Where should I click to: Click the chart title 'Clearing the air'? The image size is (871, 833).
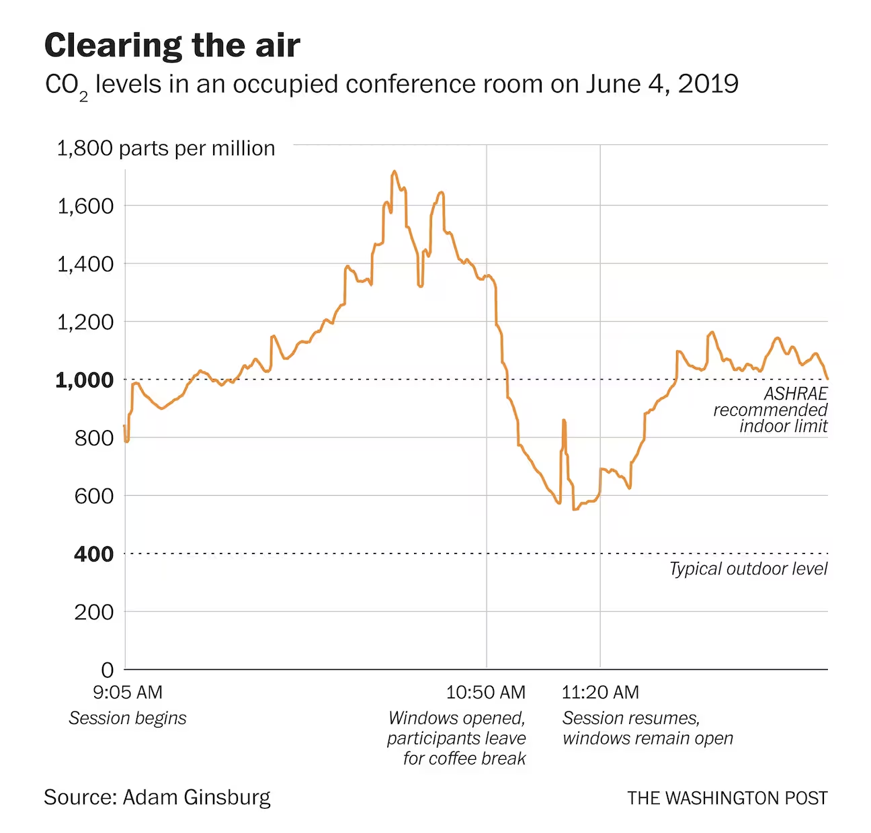coord(172,46)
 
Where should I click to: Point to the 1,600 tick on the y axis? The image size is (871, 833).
coord(85,206)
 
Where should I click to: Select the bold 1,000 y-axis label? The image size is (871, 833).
coord(85,380)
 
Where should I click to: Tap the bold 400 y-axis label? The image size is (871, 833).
coord(93,554)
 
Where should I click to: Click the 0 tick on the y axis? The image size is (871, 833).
coord(108,670)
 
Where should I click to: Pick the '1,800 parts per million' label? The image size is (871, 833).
coord(166,148)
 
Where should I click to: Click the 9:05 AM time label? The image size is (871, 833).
coord(128,692)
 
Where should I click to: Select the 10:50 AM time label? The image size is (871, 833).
coord(486,692)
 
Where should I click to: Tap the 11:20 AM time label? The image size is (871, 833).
coord(600,692)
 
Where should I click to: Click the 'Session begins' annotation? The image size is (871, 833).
coord(128,718)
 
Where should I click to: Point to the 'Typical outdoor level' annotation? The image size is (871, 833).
coord(748,569)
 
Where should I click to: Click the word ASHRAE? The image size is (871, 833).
coord(796,394)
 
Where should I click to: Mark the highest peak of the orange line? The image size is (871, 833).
coord(395,171)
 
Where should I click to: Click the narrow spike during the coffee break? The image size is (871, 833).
coord(564,421)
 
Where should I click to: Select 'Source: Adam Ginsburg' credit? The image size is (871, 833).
coord(157,797)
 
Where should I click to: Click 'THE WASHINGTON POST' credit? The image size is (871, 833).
coord(727,798)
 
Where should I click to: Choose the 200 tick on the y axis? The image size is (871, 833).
coord(93,612)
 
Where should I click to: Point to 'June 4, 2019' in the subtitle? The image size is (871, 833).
coord(662,84)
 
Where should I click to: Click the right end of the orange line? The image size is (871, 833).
coord(827,379)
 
